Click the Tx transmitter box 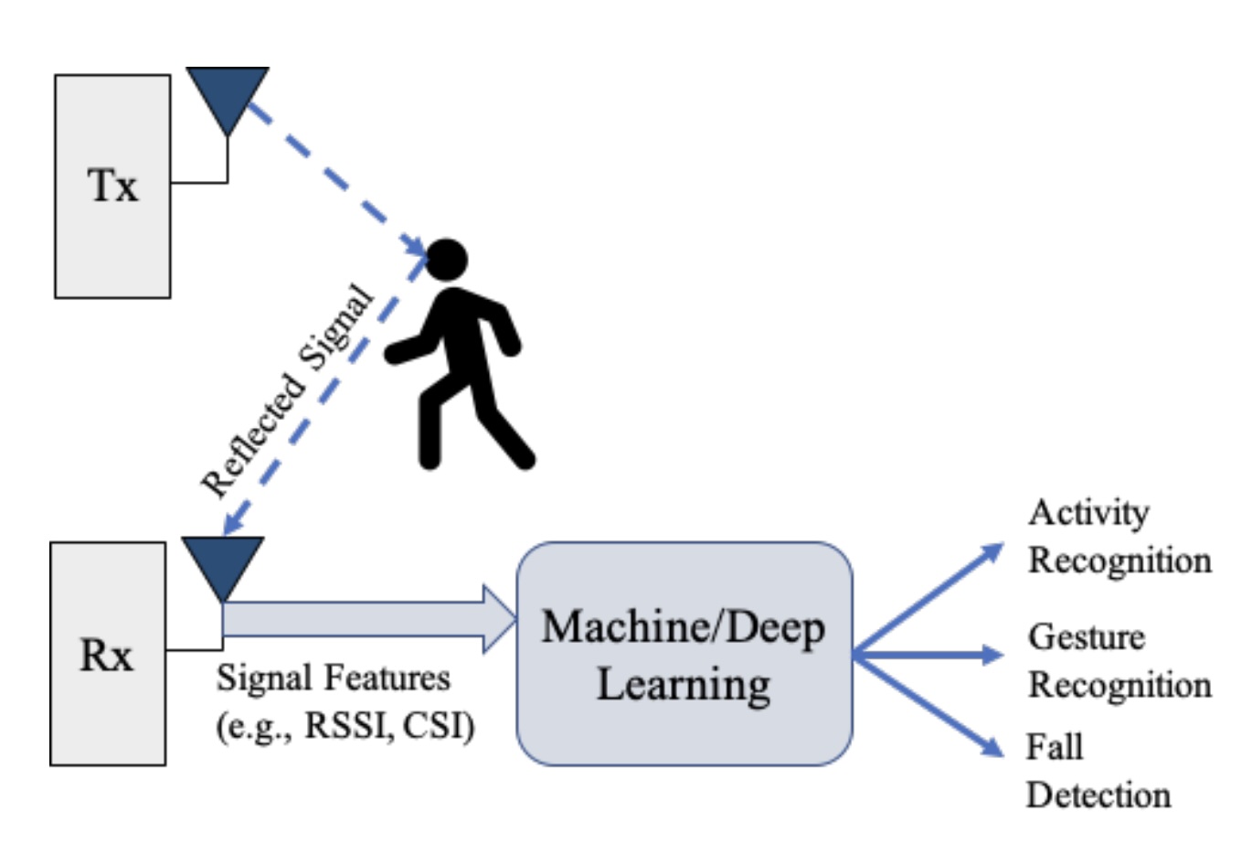pos(112,187)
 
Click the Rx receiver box pos(108,654)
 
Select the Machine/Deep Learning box pos(684,653)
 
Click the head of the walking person pos(447,260)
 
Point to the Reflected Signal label pos(287,393)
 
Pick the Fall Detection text pos(1097,771)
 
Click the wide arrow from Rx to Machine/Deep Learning pos(366,619)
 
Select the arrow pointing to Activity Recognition pos(928,599)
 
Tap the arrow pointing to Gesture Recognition pos(928,654)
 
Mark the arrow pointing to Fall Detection pos(928,705)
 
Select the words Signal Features pos(334,678)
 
